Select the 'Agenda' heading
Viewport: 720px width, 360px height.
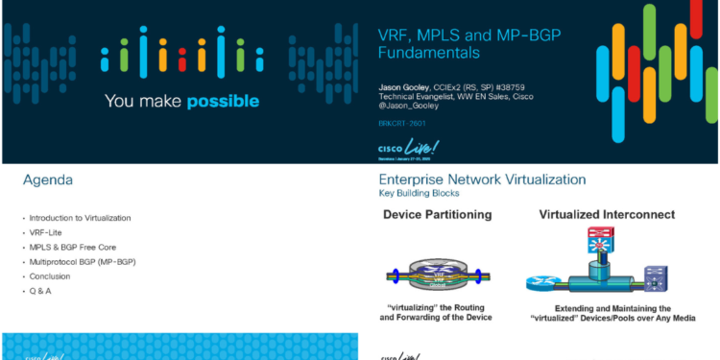[x=48, y=180]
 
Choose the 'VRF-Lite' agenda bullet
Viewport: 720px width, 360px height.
[x=47, y=232]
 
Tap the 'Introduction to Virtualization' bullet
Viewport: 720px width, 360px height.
[x=80, y=218]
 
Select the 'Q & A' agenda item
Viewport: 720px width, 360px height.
[x=40, y=290]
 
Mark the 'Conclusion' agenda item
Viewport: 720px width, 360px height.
[x=50, y=276]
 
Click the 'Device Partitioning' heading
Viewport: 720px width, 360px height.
[x=438, y=214]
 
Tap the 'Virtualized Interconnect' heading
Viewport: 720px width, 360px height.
[x=606, y=214]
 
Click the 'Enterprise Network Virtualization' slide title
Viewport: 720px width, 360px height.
[x=482, y=180]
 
